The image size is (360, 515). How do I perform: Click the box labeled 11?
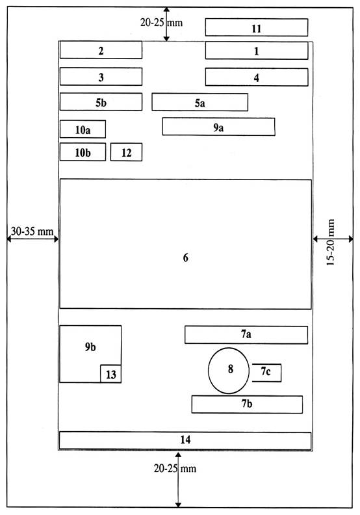pos(257,27)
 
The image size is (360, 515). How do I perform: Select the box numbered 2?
pos(101,50)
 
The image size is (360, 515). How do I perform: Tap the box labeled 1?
pos(257,51)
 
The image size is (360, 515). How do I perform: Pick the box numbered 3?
pos(101,77)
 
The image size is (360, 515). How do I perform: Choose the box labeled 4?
pos(257,77)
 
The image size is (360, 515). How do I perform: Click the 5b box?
pos(101,102)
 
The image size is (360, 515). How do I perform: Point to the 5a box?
pos(200,102)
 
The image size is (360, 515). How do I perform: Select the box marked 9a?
pos(218,126)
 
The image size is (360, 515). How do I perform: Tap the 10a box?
pos(83,129)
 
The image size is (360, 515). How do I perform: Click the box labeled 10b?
pos(83,152)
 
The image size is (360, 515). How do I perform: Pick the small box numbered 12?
pos(126,152)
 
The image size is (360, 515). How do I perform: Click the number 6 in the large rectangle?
pos(186,258)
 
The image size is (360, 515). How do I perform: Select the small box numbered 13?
pos(111,374)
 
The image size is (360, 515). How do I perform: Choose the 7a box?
pos(246,335)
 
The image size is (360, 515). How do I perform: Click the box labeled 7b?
pos(247,404)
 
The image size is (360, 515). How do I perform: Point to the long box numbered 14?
pos(185,440)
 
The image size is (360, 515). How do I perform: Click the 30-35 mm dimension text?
pos(32,231)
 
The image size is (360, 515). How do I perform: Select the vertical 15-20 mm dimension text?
pos(331,242)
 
